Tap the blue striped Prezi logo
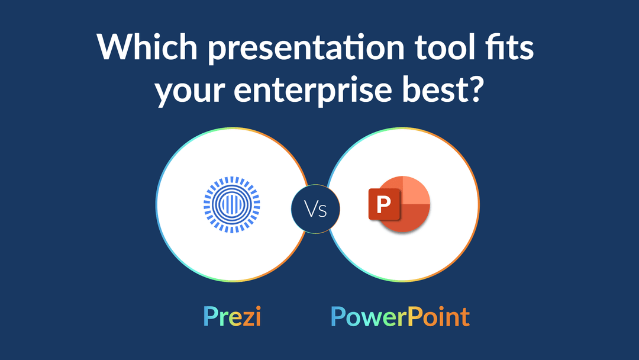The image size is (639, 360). [x=228, y=204]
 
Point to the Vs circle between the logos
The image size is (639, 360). [x=316, y=208]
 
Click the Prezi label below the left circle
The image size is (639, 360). [x=232, y=317]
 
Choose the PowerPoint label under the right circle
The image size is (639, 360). [x=400, y=317]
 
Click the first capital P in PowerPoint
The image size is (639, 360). [x=339, y=316]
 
